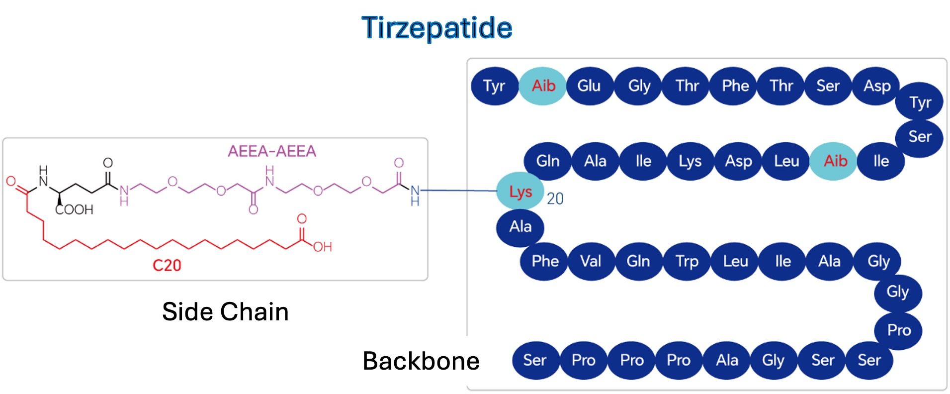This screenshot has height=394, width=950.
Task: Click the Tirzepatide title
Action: [x=436, y=27]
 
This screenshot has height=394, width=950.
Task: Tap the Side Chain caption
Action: [x=225, y=312]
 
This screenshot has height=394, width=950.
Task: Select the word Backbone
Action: [x=421, y=361]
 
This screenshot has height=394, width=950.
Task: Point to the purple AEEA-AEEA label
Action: [x=271, y=151]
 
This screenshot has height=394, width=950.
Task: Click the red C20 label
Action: [x=167, y=265]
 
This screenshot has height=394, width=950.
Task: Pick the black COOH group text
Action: [x=74, y=209]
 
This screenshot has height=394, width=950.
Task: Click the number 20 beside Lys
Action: [x=555, y=199]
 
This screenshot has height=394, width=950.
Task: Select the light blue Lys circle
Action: [x=520, y=192]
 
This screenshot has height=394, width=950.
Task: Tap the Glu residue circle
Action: [x=589, y=86]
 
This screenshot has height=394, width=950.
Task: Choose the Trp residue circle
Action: [x=687, y=261]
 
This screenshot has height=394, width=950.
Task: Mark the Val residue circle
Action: [x=591, y=261]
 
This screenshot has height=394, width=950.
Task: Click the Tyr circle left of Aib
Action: [x=494, y=86]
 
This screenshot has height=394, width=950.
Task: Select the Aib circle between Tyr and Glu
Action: [x=543, y=86]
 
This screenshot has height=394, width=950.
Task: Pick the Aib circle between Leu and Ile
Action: [x=835, y=161]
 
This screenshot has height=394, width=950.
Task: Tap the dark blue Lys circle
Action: [x=690, y=161]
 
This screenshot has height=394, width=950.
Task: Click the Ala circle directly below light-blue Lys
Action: [x=520, y=227]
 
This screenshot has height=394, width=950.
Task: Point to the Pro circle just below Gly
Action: [x=899, y=330]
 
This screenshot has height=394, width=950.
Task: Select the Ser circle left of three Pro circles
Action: [x=534, y=360]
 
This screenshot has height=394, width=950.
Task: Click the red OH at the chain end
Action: [x=322, y=247]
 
